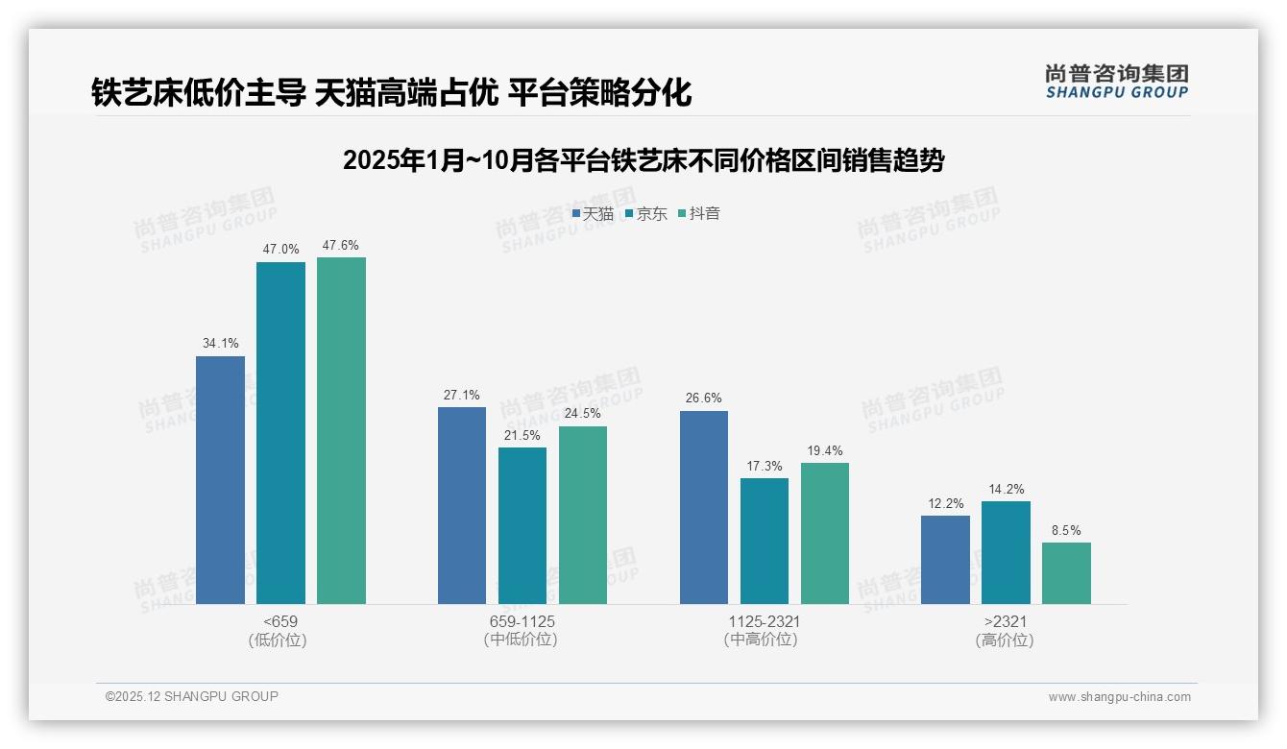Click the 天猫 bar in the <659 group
click(220, 480)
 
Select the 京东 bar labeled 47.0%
click(280, 433)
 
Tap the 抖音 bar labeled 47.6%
click(341, 431)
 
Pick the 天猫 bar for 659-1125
click(462, 505)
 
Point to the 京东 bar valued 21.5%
click(522, 525)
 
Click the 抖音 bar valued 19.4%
click(825, 533)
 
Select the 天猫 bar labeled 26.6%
click(704, 507)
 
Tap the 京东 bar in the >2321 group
click(1006, 552)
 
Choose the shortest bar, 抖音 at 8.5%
click(1066, 573)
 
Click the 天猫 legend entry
click(593, 214)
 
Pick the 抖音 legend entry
click(699, 214)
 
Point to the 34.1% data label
click(220, 343)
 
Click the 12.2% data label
click(945, 503)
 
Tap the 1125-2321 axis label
click(764, 622)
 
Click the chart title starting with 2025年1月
click(643, 160)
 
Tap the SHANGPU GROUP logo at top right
click(1116, 82)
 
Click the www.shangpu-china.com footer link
click(1119, 697)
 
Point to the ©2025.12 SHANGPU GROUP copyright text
click(192, 696)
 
